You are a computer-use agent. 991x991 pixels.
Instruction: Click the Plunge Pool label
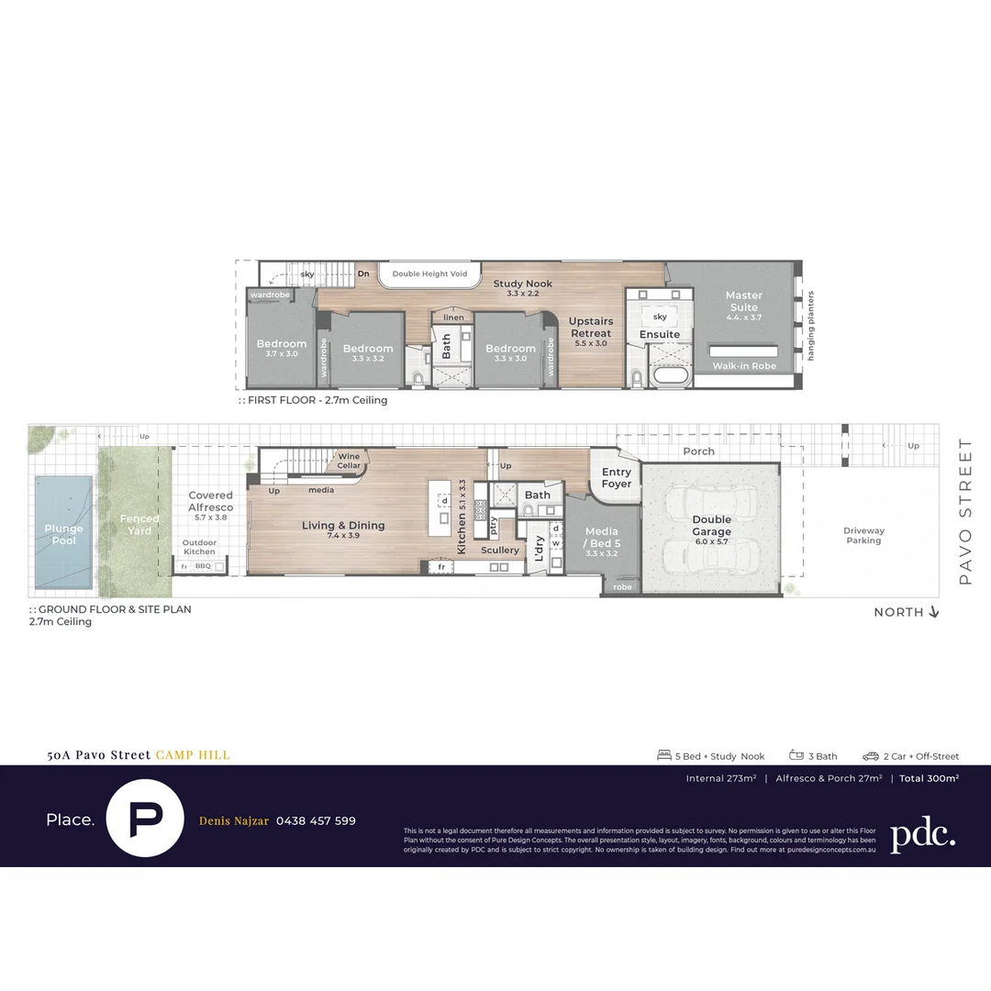63,534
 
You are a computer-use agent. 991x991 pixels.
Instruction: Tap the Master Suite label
743,301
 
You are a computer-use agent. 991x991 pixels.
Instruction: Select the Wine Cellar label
349,461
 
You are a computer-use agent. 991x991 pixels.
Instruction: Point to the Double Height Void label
429,274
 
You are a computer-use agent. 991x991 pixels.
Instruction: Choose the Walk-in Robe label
744,366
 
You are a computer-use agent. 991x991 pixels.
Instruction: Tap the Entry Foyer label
617,478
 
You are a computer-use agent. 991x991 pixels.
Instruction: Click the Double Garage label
711,526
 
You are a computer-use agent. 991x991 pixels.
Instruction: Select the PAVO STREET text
964,511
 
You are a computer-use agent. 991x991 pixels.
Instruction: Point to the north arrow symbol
934,612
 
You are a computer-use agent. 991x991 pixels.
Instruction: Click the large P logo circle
146,819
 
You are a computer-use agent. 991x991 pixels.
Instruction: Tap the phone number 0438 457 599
316,820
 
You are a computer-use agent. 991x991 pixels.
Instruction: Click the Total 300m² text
929,778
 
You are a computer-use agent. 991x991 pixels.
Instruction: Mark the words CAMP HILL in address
193,755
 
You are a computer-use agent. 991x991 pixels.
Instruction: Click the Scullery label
500,551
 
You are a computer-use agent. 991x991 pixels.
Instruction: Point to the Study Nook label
522,284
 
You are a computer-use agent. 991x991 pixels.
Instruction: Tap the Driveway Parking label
863,535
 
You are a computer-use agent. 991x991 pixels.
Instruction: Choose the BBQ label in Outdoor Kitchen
203,566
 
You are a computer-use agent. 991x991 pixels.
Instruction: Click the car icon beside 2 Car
870,756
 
